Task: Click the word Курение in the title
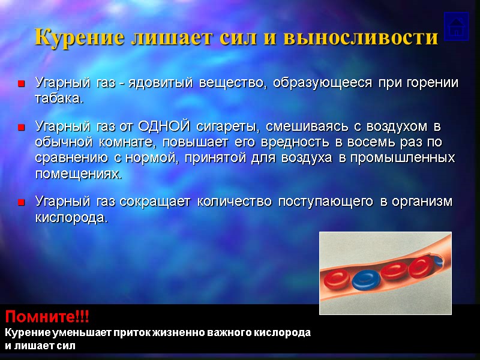pyautogui.click(x=71, y=37)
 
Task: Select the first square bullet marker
pyautogui.click(x=22, y=83)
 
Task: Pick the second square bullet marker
pyautogui.click(x=22, y=127)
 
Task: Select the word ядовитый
pyautogui.click(x=164, y=83)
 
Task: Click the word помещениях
pyautogui.click(x=78, y=174)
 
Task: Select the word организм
pyautogui.click(x=422, y=202)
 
